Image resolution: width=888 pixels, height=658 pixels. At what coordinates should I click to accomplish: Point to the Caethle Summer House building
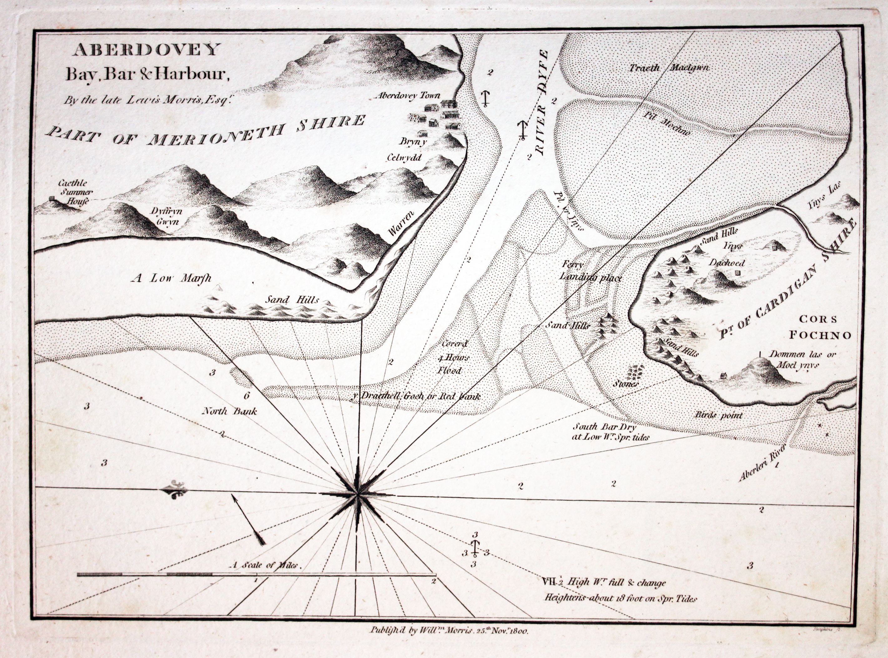51,198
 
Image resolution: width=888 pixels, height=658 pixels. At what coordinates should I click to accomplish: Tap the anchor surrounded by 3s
475,549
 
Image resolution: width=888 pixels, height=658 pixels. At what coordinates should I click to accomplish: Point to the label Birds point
719,415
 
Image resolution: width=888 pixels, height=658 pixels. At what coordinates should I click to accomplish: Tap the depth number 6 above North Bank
246,396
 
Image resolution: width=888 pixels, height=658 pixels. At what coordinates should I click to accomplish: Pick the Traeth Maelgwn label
669,68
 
